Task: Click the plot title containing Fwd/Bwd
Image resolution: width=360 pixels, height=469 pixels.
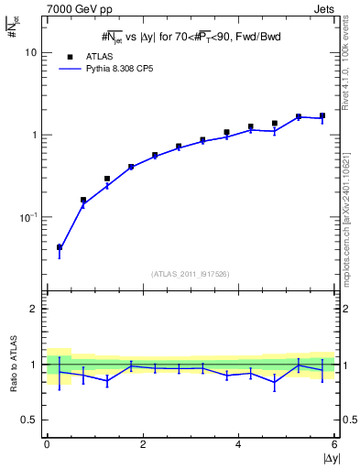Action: point(191,37)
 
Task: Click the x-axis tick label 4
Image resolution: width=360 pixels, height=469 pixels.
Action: point(238,444)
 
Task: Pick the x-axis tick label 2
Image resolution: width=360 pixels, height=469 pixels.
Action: point(143,444)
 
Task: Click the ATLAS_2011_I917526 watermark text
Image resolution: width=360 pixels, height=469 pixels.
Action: point(190,274)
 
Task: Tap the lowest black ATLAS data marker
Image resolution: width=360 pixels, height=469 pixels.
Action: point(60,247)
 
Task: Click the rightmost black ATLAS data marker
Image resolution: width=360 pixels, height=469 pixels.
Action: point(322,116)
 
